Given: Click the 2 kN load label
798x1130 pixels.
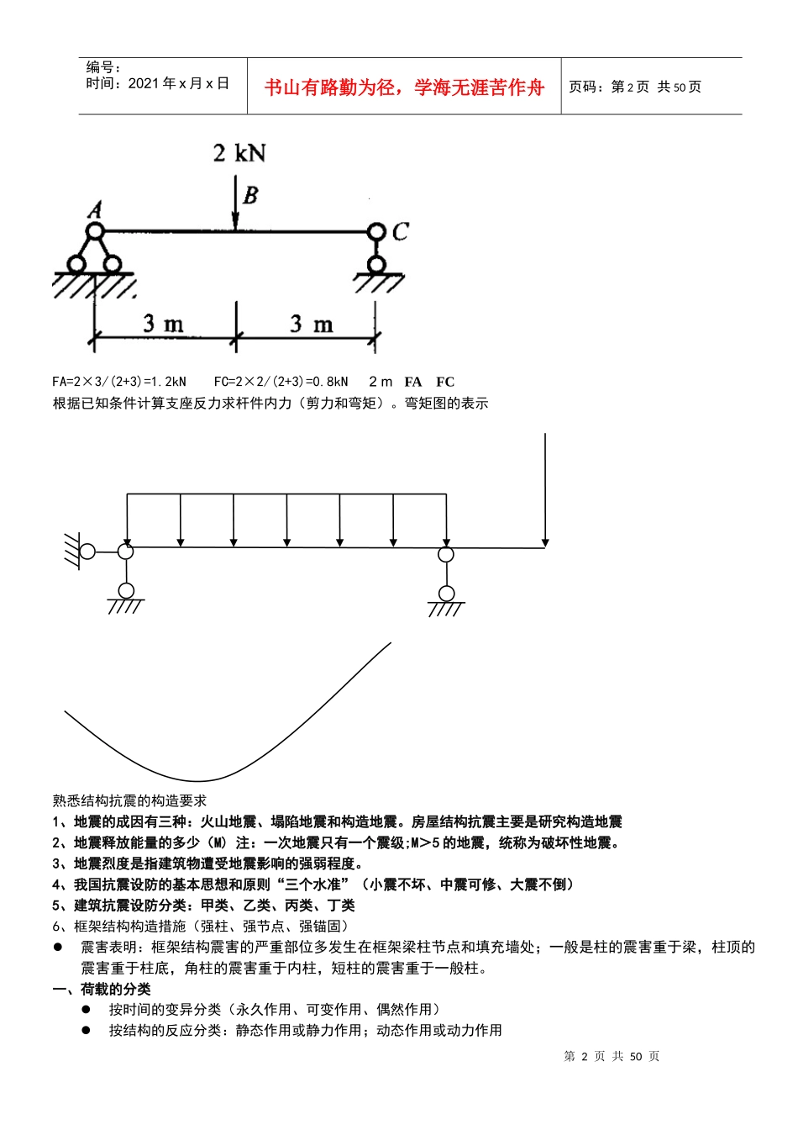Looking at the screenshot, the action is pyautogui.click(x=239, y=153).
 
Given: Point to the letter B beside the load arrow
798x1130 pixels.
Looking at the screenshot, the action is pyautogui.click(x=250, y=196).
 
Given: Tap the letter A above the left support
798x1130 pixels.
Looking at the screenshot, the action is pyautogui.click(x=95, y=209).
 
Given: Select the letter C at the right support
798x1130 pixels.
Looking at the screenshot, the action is pyautogui.click(x=400, y=231).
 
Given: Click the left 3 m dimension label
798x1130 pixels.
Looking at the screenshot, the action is pyautogui.click(x=163, y=324).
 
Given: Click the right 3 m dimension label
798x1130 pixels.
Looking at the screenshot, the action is pyautogui.click(x=311, y=324).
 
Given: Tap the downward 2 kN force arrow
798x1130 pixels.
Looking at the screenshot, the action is pyautogui.click(x=236, y=202).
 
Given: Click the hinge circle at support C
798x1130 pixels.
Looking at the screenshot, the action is pyautogui.click(x=376, y=231).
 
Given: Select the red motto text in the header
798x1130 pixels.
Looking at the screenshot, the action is pyautogui.click(x=404, y=87).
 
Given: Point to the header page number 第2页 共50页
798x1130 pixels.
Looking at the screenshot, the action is pyautogui.click(x=635, y=87).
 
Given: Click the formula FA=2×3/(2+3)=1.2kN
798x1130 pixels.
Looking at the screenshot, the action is pyautogui.click(x=119, y=382).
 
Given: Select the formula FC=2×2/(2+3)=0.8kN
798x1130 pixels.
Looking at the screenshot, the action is pyautogui.click(x=281, y=382).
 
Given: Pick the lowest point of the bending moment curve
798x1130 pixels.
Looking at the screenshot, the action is pyautogui.click(x=197, y=781).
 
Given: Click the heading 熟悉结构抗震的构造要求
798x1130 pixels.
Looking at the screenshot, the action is pyautogui.click(x=129, y=800).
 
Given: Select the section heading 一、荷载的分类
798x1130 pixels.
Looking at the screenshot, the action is pyautogui.click(x=102, y=989).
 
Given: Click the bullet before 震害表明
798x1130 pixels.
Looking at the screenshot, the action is pyautogui.click(x=59, y=947).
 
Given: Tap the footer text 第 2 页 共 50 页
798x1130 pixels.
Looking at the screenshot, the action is pyautogui.click(x=612, y=1056).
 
